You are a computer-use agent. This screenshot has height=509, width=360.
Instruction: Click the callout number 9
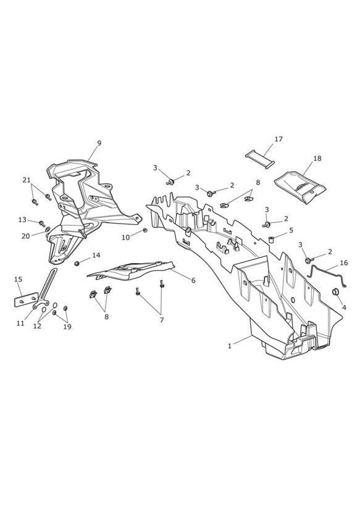click(99, 143)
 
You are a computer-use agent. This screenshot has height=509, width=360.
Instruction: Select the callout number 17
click(278, 139)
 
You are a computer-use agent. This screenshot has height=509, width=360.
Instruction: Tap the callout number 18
click(317, 158)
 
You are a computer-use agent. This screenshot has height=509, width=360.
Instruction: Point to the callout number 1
click(230, 346)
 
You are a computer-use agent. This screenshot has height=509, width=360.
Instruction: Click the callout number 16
click(343, 263)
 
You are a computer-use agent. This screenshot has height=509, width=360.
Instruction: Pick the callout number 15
click(18, 279)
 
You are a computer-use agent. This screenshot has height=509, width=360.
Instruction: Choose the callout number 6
click(193, 280)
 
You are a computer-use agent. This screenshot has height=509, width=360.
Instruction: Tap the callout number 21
click(27, 180)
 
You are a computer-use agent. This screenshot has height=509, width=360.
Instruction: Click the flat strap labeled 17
click(260, 159)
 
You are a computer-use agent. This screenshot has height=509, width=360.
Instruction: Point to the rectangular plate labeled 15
click(26, 300)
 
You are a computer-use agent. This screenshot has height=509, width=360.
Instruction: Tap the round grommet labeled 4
click(335, 291)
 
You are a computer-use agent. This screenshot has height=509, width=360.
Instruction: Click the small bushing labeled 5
click(272, 240)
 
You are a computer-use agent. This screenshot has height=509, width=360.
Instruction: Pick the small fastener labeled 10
click(145, 230)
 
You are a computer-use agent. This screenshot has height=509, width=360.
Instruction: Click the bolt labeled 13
click(42, 224)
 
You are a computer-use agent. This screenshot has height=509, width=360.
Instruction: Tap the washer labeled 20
click(48, 230)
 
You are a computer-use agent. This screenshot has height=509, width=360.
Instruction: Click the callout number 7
click(162, 320)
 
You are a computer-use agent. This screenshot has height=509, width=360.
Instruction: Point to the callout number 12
click(37, 326)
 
